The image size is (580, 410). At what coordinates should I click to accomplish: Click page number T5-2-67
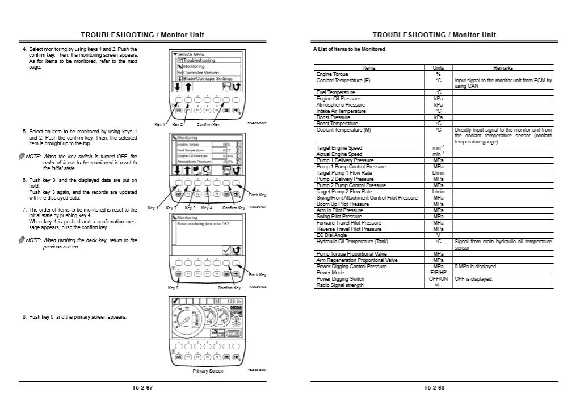pyautogui.click(x=142, y=388)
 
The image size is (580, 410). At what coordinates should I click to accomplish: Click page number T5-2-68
pyautogui.click(x=434, y=388)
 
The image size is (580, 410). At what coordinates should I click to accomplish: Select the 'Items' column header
pyautogui.click(x=369, y=68)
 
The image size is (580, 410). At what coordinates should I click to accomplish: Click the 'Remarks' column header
pyautogui.click(x=503, y=68)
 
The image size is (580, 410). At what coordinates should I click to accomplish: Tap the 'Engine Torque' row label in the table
pyautogui.click(x=333, y=74)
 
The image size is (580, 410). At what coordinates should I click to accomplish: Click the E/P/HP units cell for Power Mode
pyautogui.click(x=438, y=273)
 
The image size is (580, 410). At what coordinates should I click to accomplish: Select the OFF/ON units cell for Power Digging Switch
pyautogui.click(x=438, y=279)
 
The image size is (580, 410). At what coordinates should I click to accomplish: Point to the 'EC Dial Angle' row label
pyautogui.click(x=332, y=235)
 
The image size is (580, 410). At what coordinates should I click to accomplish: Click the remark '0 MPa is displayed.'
pyautogui.click(x=476, y=267)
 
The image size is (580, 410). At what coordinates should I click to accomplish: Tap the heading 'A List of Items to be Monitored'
pyautogui.click(x=350, y=49)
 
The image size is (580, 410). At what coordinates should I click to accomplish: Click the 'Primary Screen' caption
pyautogui.click(x=208, y=371)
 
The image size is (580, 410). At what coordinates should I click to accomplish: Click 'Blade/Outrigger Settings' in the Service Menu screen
pyautogui.click(x=207, y=79)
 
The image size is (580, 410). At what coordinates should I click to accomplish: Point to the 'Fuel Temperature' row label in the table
pyautogui.click(x=335, y=92)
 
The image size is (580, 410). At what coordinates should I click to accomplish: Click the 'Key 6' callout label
pyautogui.click(x=174, y=288)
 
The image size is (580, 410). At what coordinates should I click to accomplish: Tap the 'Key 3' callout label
pyautogui.click(x=190, y=208)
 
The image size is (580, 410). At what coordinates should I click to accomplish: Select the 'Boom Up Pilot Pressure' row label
pyautogui.click(x=342, y=204)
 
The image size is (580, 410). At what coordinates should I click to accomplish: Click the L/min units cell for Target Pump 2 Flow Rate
pyautogui.click(x=438, y=192)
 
